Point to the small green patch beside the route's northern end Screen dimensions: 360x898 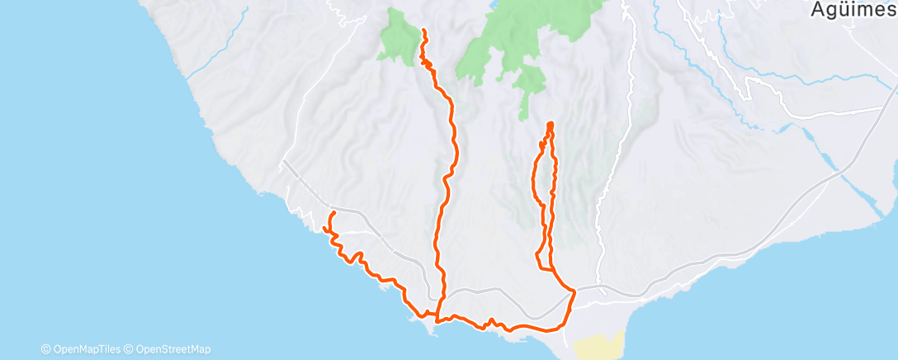(x=400, y=40)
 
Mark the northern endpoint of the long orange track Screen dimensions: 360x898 (x=424, y=31)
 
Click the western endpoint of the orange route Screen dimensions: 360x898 (x=332, y=214)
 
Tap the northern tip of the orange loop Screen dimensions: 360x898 (x=550, y=124)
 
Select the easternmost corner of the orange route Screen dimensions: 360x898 (x=574, y=291)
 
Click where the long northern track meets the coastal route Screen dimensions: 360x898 (x=437, y=316)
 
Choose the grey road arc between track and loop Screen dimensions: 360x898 (x=495, y=290)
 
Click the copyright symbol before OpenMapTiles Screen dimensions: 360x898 (x=46, y=349)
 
